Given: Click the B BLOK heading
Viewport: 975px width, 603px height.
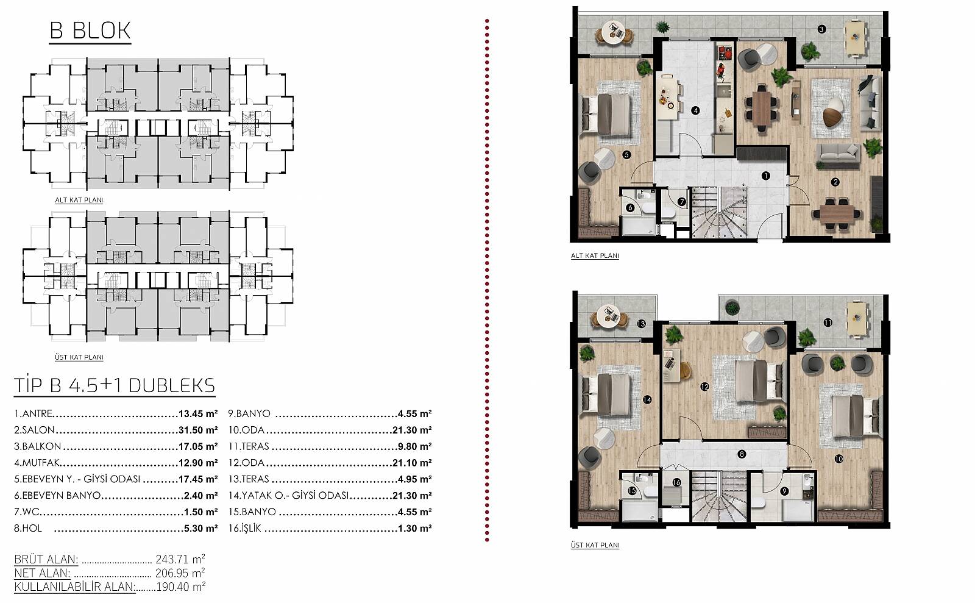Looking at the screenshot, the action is click(90, 30).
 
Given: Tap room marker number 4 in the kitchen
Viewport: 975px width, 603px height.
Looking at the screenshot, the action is click(695, 110).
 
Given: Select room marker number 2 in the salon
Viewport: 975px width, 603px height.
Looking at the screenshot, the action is click(835, 182).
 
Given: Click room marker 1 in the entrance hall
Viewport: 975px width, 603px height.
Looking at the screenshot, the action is click(765, 176).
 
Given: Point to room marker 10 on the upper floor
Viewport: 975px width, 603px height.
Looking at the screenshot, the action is click(838, 458).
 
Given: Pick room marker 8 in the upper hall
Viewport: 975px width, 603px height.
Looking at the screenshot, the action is click(742, 454).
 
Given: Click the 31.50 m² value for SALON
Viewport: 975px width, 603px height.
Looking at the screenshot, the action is click(198, 430).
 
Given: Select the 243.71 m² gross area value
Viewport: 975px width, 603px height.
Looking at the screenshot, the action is click(180, 558).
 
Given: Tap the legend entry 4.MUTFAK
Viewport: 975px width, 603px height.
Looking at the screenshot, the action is click(37, 463).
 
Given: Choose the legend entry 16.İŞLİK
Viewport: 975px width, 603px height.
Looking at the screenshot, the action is click(244, 528).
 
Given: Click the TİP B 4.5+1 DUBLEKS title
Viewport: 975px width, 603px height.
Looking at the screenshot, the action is click(115, 386).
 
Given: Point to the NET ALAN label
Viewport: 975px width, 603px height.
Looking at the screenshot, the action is click(42, 573).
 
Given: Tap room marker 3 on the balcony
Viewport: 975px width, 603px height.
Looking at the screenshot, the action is click(821, 29).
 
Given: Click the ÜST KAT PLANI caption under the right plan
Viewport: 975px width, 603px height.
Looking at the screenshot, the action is click(595, 545).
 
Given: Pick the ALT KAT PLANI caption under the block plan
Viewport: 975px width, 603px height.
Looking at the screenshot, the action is click(79, 200).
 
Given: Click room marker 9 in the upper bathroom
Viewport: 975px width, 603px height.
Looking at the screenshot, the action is click(784, 491).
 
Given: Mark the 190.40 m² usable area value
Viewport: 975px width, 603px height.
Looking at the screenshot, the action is click(180, 587).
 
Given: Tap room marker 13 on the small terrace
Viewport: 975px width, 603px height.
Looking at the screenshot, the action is click(641, 324).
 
